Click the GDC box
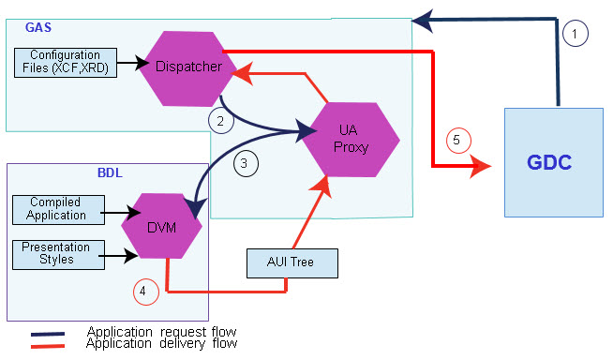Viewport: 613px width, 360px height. point(553,164)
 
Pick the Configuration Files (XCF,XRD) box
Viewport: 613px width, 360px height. point(66,62)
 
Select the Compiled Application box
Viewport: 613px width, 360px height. point(54,209)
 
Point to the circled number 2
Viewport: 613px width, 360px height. point(219,120)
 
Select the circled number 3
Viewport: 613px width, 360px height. point(244,162)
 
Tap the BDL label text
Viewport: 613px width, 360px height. point(109,173)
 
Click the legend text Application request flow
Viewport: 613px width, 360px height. point(161,332)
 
